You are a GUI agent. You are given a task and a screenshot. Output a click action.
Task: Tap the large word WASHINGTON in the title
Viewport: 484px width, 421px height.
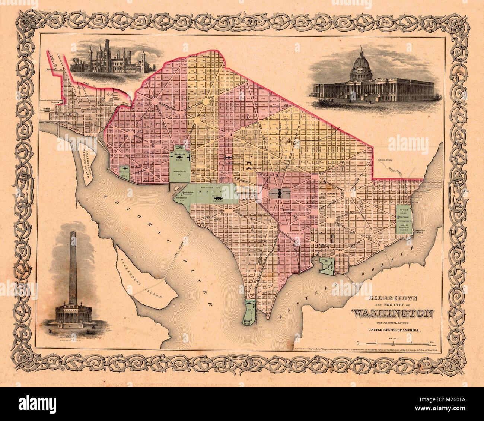tap(393, 313)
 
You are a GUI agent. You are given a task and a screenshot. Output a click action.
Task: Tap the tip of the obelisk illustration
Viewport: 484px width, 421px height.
tap(73, 232)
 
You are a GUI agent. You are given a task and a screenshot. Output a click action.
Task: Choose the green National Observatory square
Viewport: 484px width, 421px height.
tap(124, 172)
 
